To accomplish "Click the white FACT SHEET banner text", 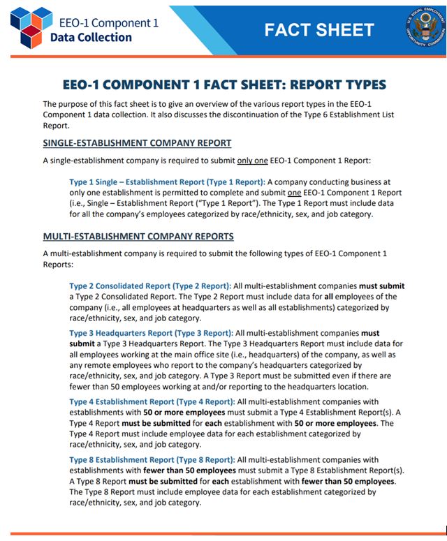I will pyautogui.click(x=319, y=30).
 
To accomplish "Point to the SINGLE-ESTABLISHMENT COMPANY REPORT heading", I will pyautogui.click(x=137, y=143).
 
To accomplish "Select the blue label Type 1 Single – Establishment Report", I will pyautogui.click(x=164, y=181).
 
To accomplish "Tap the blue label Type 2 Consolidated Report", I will pyautogui.click(x=149, y=286).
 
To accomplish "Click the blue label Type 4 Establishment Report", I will pyautogui.click(x=152, y=401).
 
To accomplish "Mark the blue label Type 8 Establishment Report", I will pyautogui.click(x=152, y=460).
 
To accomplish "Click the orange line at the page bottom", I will pyautogui.click(x=223, y=534).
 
